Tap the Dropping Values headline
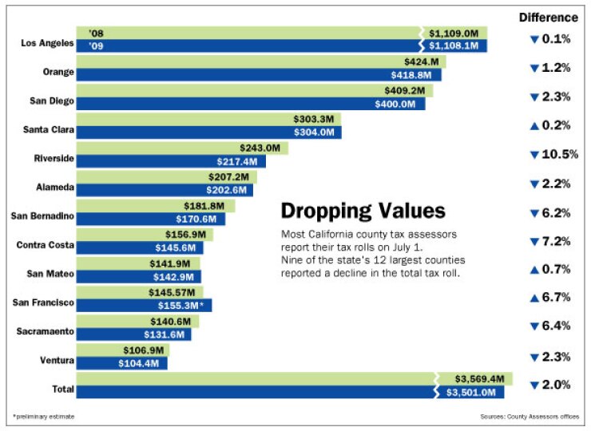tap(363, 212)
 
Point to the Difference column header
tap(548, 18)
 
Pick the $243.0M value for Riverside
tap(261, 148)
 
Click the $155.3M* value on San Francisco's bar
tap(184, 305)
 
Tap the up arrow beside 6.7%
tap(533, 298)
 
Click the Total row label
tap(61, 389)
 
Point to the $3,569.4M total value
tap(479, 378)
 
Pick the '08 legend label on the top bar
tap(97, 34)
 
